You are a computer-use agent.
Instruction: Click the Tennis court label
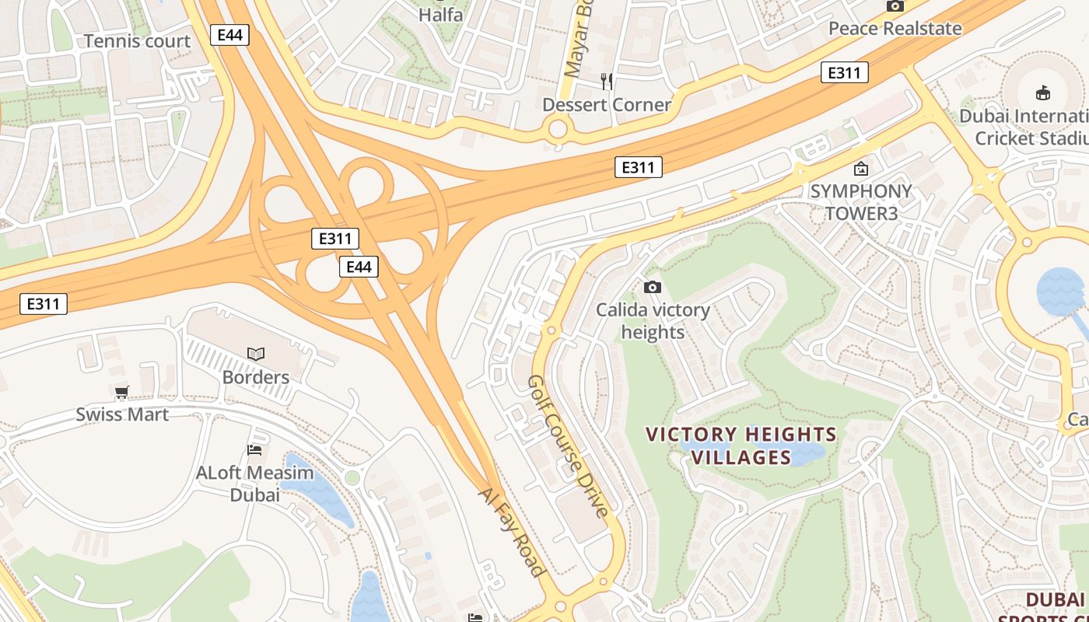[x=137, y=41]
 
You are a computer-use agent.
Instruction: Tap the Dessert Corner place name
[x=606, y=105]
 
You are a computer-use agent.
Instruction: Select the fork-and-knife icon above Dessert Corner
[x=607, y=80]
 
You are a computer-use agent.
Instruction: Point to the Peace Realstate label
[x=895, y=29]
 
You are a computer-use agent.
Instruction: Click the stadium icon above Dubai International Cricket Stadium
[x=1042, y=94]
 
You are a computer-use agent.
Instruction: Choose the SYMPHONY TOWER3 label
[x=860, y=202]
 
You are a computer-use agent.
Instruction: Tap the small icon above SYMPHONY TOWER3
[x=861, y=168]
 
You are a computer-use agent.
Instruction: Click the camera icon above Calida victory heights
[x=653, y=287]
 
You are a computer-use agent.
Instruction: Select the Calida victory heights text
[x=653, y=321]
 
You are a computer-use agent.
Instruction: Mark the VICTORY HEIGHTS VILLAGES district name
[x=741, y=446]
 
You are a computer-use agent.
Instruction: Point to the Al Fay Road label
[x=511, y=532]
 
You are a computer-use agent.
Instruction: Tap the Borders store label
[x=256, y=377]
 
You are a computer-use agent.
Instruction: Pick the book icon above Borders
[x=256, y=354]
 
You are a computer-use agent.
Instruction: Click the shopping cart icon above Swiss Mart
[x=122, y=392]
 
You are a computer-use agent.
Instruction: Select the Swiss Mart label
[x=122, y=414]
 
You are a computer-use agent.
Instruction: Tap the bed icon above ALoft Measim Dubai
[x=254, y=449]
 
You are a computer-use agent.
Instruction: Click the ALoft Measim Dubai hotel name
[x=254, y=484]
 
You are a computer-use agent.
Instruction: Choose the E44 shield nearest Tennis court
[x=229, y=34]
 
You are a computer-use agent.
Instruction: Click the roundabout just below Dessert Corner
[x=558, y=129]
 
